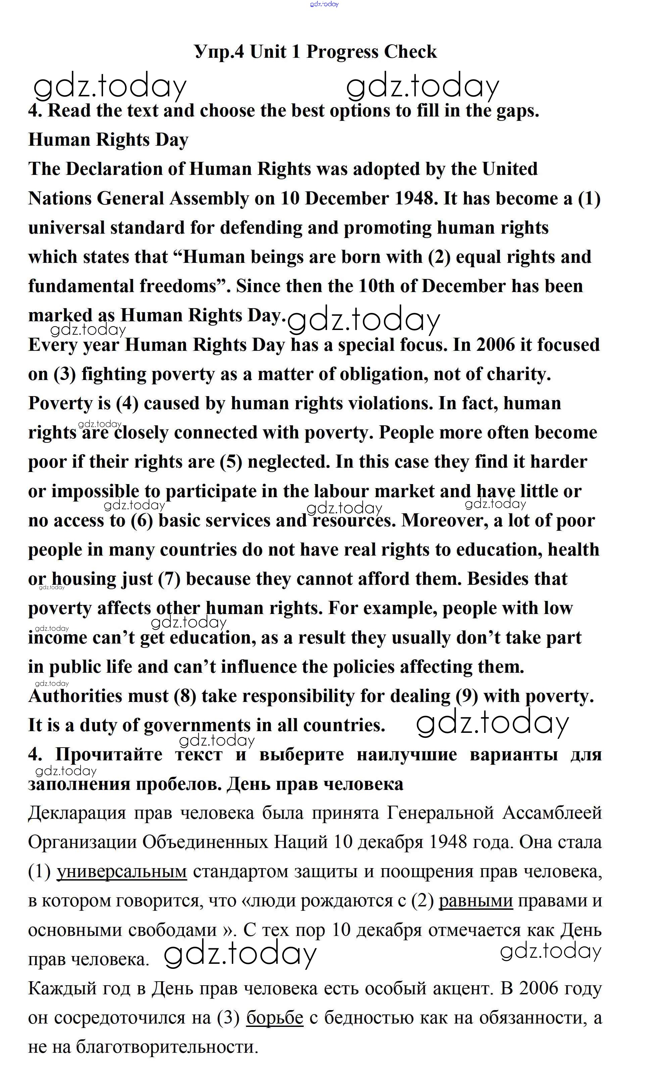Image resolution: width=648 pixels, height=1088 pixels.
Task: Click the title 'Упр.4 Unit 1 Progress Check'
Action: click(x=315, y=52)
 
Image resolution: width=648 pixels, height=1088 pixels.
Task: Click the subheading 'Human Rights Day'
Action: click(x=108, y=140)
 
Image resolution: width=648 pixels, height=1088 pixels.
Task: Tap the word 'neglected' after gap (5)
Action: click(x=288, y=462)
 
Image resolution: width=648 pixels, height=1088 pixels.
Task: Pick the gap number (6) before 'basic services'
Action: click(x=142, y=521)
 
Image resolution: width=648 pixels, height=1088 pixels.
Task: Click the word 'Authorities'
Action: click(x=98, y=696)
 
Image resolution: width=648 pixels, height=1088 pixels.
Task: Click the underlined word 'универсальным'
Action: click(x=122, y=872)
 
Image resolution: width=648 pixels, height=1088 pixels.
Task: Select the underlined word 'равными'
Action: click(x=476, y=901)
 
